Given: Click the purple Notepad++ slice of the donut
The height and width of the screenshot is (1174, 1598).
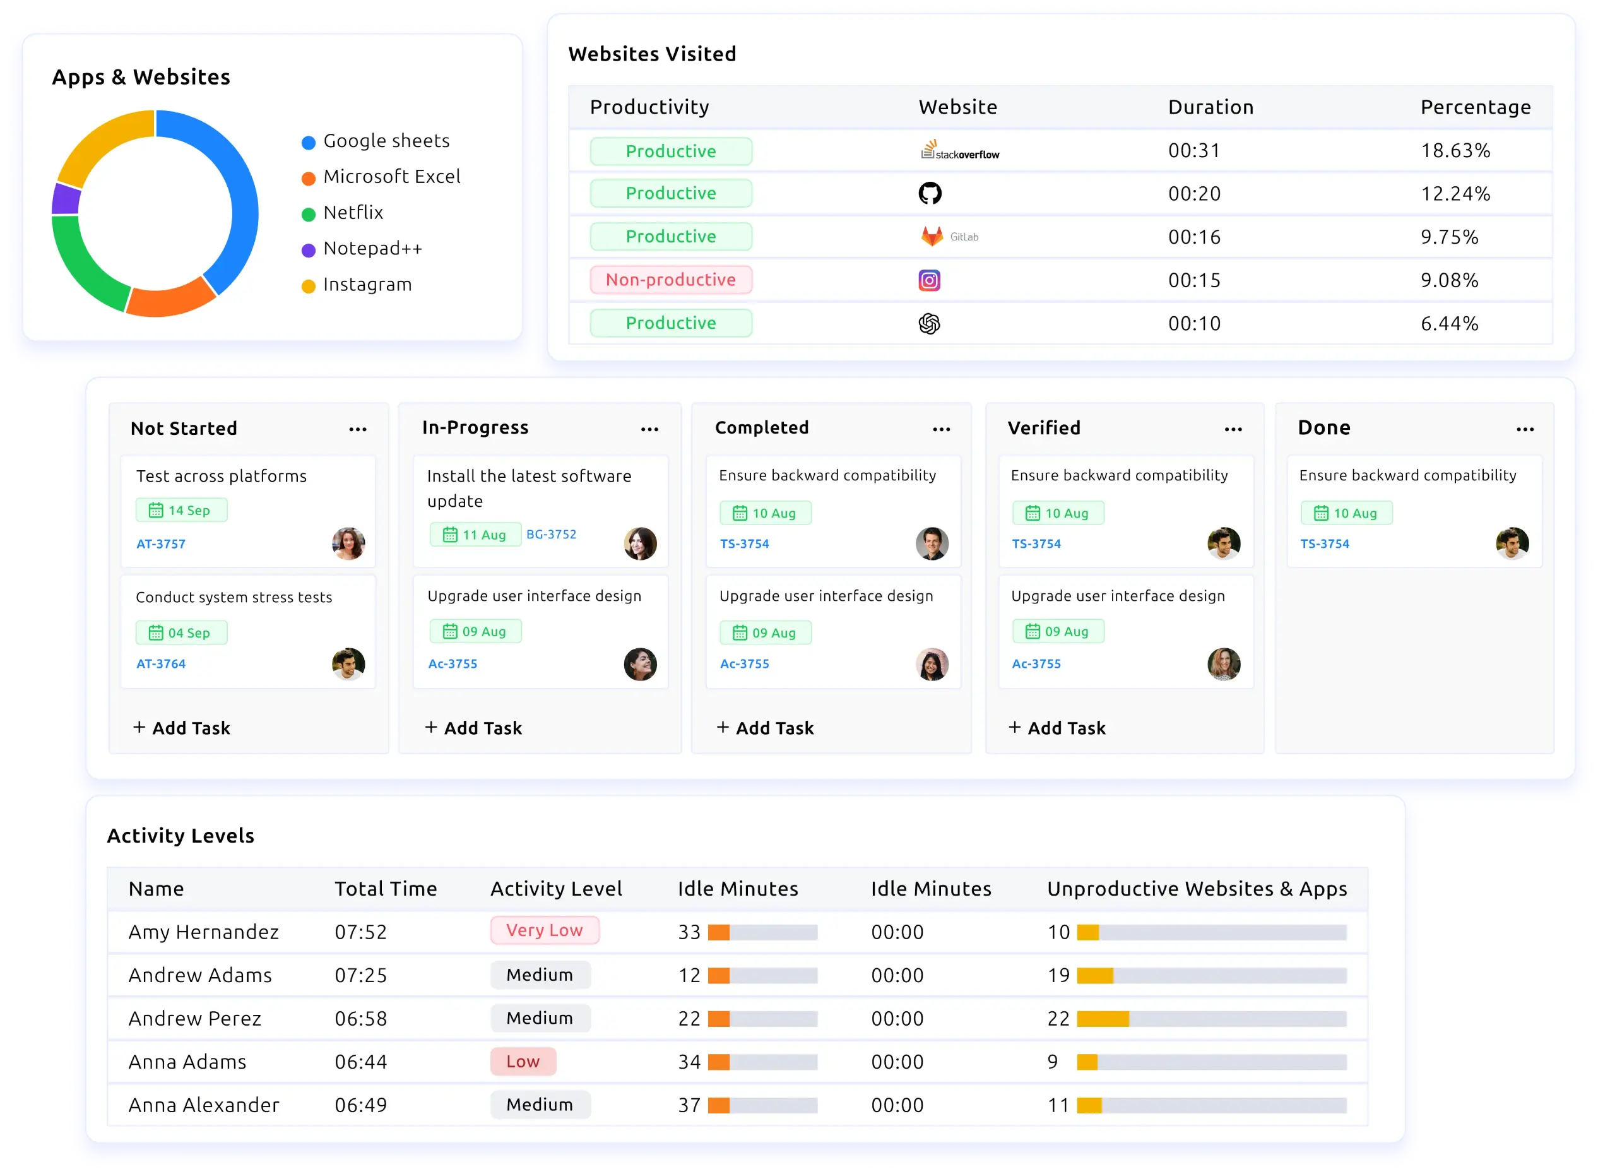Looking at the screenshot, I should click(66, 199).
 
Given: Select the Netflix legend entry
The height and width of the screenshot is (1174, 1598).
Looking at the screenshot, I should click(352, 213).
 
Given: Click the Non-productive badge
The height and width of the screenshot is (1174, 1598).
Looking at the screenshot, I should click(670, 280).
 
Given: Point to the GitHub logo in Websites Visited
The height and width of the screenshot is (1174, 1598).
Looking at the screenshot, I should click(930, 193).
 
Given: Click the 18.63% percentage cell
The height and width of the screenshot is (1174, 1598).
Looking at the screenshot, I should click(1455, 151).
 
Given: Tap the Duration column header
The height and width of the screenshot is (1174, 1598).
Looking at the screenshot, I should click(1210, 107).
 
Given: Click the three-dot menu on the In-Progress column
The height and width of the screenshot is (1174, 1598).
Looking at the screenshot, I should click(649, 429).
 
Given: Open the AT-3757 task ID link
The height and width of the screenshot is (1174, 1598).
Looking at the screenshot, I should click(160, 544).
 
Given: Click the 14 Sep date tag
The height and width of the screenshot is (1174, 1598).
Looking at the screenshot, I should click(181, 510).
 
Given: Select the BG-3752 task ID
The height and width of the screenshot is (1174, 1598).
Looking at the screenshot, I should click(552, 535).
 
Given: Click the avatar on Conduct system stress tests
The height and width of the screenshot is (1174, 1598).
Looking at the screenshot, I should click(348, 665).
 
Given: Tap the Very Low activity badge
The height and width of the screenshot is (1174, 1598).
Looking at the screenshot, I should click(544, 930).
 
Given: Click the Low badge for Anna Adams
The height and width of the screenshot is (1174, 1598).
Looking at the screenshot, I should click(523, 1062).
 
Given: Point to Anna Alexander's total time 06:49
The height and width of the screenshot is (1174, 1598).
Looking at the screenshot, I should click(361, 1105).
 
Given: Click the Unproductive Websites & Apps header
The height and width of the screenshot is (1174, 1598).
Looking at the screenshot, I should click(1197, 889).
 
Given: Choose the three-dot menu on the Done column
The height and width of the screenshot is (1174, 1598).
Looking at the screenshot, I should click(1525, 429).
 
